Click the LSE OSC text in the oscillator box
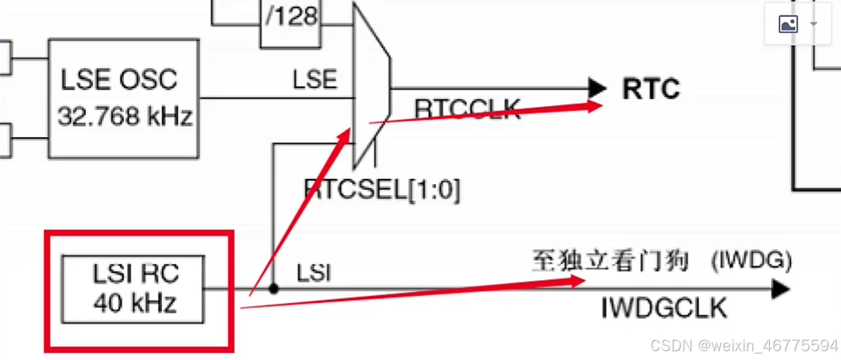click(x=119, y=78)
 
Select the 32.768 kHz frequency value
click(x=124, y=116)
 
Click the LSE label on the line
click(x=315, y=79)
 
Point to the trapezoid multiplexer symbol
click(x=371, y=84)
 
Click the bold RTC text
click(x=651, y=89)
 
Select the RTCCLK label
click(x=467, y=109)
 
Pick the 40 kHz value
click(x=135, y=301)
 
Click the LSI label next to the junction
click(x=314, y=273)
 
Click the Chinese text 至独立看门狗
click(x=610, y=261)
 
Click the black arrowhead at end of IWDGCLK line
click(x=781, y=290)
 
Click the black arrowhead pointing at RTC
click(x=598, y=89)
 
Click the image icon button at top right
click(x=788, y=25)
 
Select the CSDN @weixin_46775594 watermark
click(x=743, y=345)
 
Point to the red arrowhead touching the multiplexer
click(x=343, y=135)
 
